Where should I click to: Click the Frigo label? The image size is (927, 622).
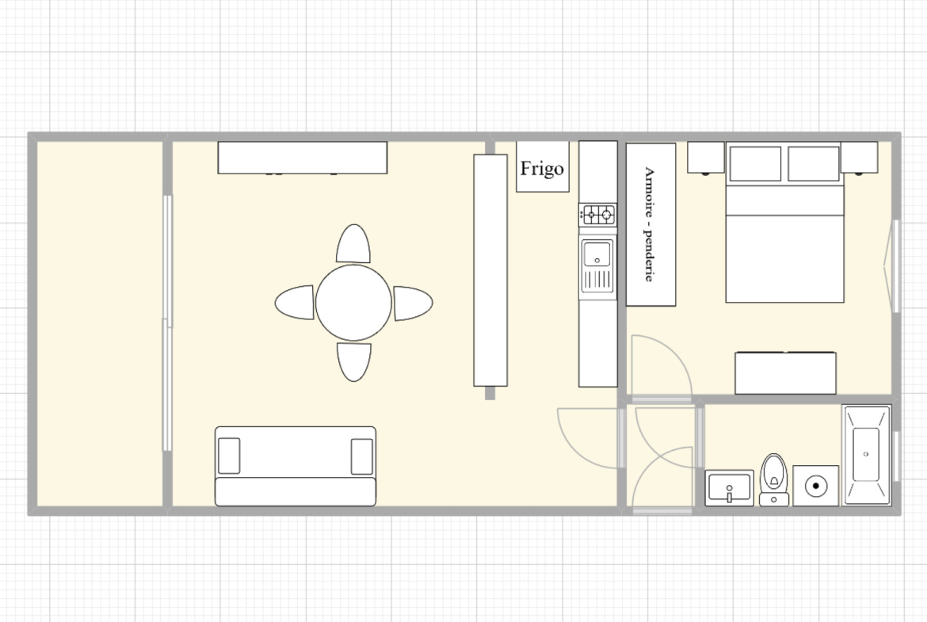point(541,169)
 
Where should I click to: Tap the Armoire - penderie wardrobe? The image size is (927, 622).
point(650,225)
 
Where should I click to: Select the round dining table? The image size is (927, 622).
point(353,303)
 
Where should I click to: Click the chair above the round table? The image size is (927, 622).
point(353,243)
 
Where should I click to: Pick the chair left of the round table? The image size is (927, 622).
point(295,302)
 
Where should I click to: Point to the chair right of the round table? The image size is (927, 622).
point(414,303)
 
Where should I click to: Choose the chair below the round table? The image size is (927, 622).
point(354,362)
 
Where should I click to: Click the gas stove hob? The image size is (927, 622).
point(597,215)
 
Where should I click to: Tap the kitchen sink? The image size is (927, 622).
point(597,266)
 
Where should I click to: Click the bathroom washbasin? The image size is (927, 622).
point(730,488)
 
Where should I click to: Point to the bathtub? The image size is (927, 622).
point(866,455)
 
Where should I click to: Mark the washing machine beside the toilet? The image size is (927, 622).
point(816,486)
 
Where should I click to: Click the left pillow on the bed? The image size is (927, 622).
point(756,163)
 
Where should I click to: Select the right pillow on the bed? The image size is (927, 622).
point(814,163)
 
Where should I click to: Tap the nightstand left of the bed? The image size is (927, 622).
point(706,157)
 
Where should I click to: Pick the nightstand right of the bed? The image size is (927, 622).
point(859,157)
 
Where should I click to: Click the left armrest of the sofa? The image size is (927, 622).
point(230,456)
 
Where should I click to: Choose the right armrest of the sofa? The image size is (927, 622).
point(362,456)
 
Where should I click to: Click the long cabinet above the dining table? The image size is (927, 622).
point(302,158)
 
